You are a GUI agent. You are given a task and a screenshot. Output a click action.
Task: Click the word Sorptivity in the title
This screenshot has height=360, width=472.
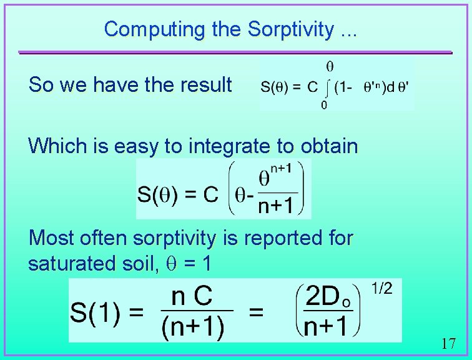coord(290,29)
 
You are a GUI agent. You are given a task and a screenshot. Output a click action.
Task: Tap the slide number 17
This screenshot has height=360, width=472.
coord(448,343)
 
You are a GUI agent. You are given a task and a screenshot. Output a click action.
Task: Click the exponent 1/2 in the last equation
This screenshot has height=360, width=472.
coord(381,288)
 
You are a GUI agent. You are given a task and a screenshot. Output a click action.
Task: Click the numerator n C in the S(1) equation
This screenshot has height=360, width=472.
coord(192,297)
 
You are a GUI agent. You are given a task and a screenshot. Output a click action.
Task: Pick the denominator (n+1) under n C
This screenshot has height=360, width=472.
coord(193,327)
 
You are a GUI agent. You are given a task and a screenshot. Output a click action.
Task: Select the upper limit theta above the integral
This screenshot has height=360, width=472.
coord(330,66)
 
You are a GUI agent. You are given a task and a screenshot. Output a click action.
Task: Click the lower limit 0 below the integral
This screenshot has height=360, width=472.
coord(324,105)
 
